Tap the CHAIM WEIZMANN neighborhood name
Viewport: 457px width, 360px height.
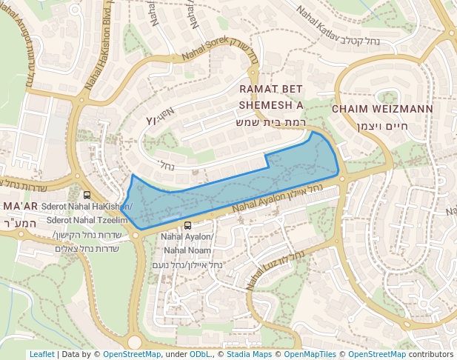pyautogui.click(x=381, y=109)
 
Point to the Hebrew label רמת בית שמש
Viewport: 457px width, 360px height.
pyautogui.click(x=270, y=121)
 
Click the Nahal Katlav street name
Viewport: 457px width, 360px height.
pyautogui.click(x=318, y=24)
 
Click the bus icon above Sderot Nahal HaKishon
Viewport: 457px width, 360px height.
pyautogui.click(x=87, y=196)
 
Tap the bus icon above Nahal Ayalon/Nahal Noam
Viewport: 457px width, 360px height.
pyautogui.click(x=187, y=225)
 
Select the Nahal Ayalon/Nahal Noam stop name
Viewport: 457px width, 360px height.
pyautogui.click(x=187, y=244)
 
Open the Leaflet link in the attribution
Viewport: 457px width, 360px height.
pyautogui.click(x=41, y=354)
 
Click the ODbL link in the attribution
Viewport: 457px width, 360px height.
pyautogui.click(x=200, y=354)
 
